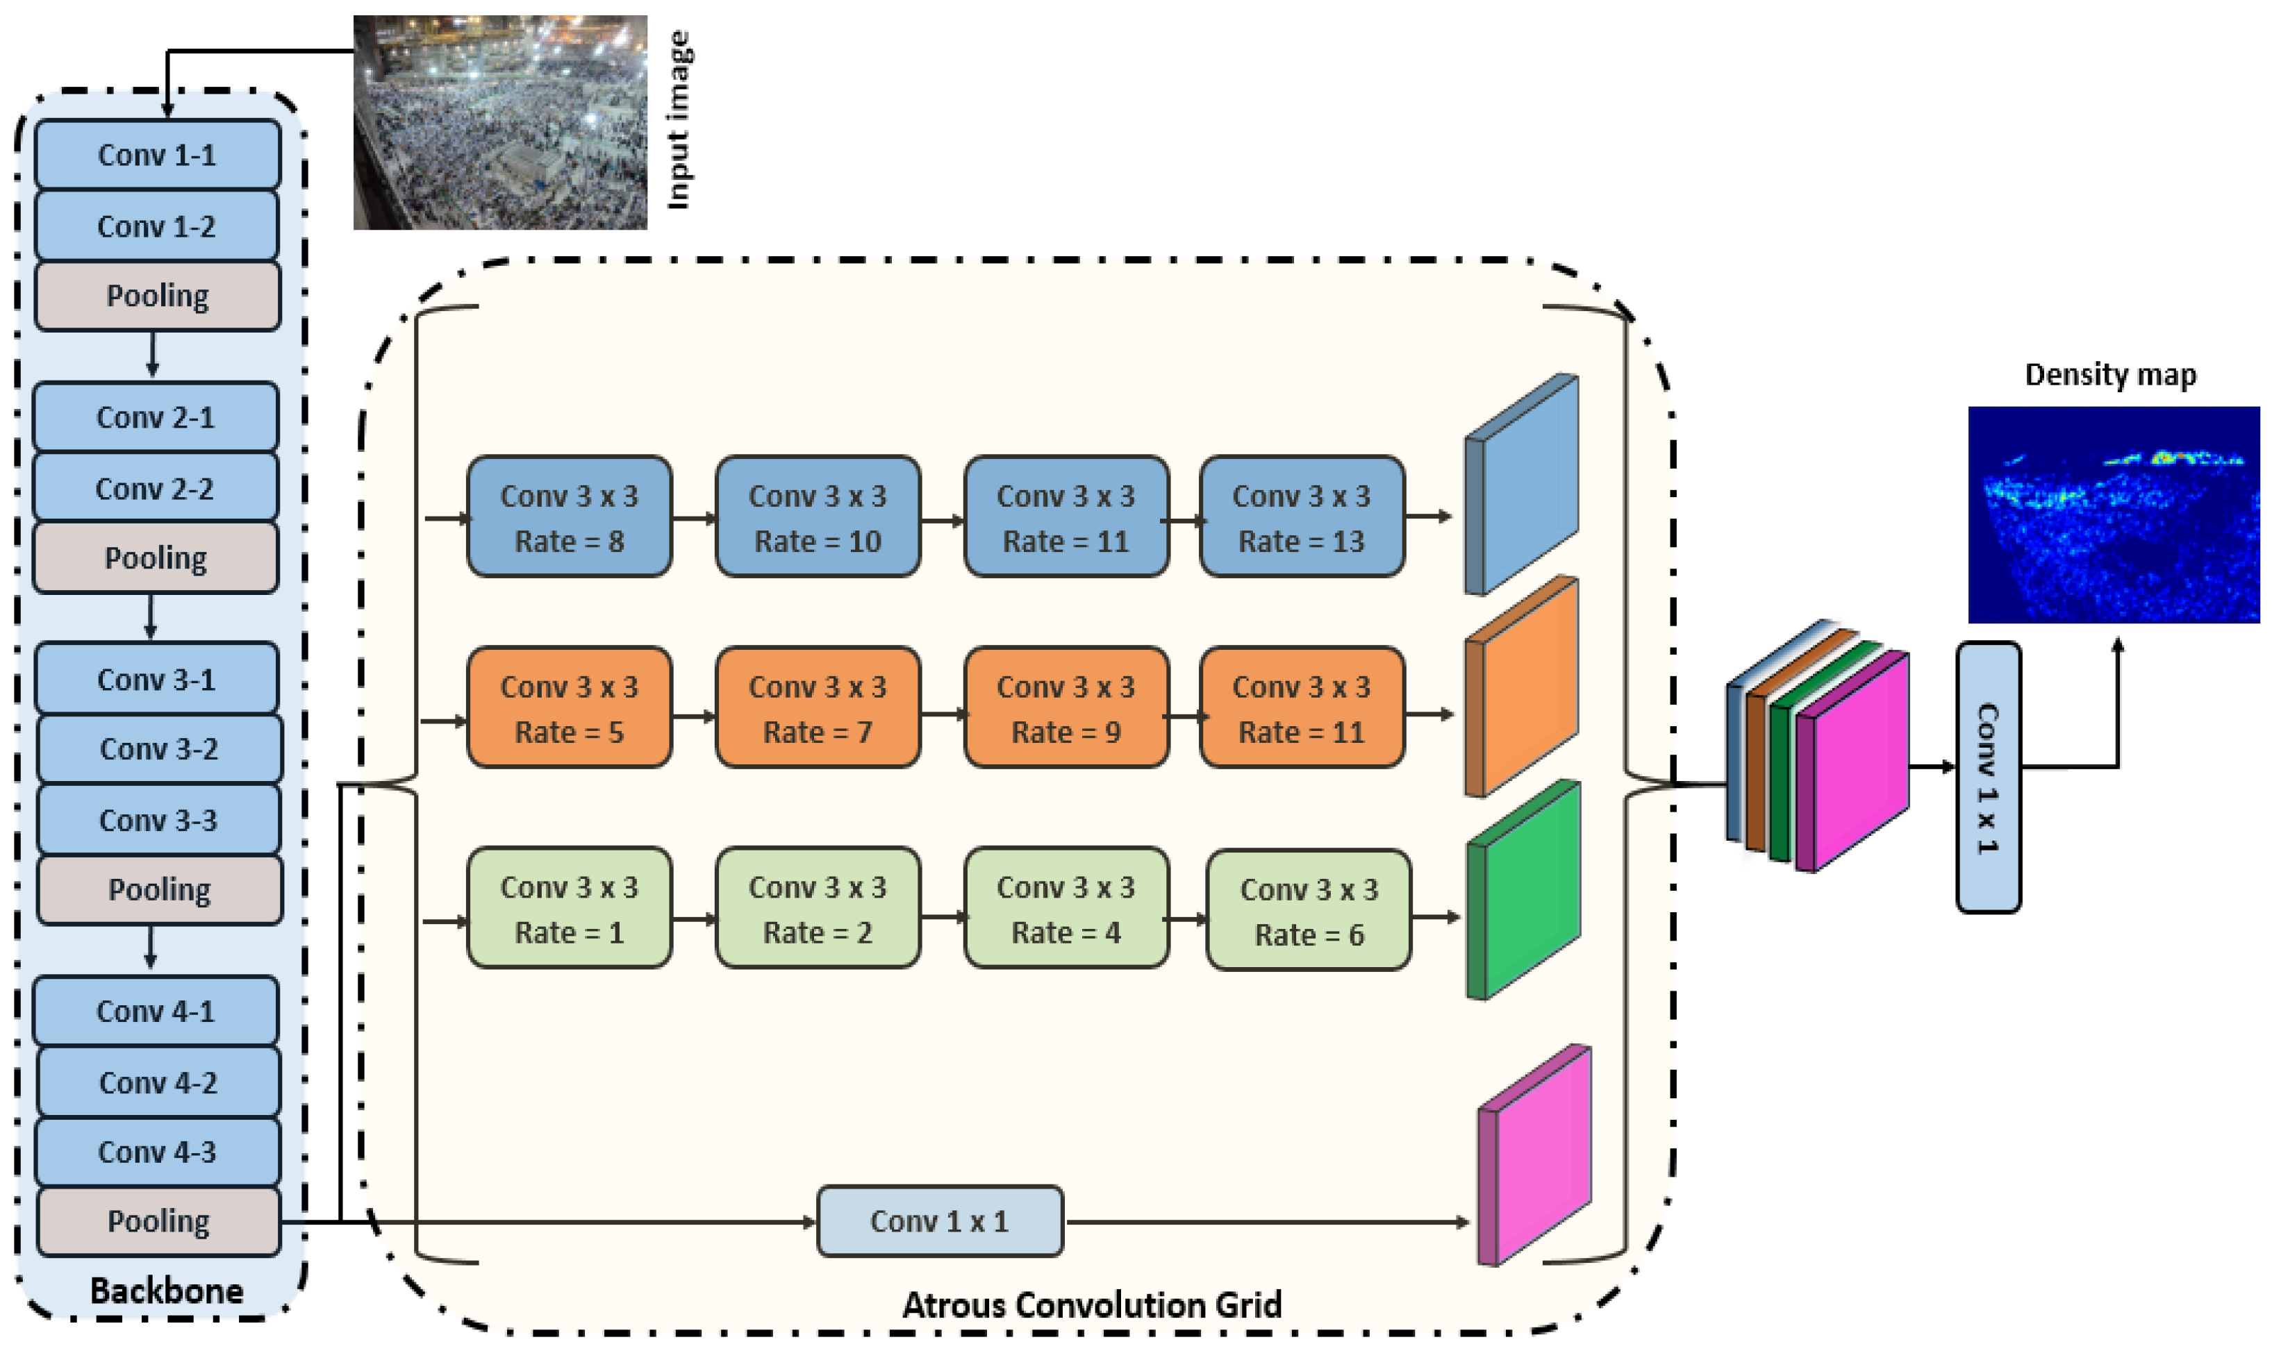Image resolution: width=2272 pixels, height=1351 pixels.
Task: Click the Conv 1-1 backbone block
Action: tap(156, 155)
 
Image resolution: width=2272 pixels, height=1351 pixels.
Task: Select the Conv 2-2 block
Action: tap(155, 489)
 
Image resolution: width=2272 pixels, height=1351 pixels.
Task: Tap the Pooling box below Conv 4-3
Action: tap(158, 1220)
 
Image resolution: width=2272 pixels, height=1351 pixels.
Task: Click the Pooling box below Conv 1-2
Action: tap(156, 296)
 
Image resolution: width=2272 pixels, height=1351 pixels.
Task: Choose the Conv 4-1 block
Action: tap(155, 1011)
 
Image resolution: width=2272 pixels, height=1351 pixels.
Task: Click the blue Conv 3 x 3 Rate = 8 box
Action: tap(569, 517)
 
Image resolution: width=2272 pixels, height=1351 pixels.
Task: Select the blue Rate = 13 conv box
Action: tap(1301, 517)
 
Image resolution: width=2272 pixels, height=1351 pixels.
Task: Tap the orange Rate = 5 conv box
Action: tap(569, 708)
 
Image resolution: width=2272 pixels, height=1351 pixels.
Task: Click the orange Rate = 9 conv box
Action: tap(1065, 708)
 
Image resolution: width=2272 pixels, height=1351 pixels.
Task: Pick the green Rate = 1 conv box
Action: tap(569, 909)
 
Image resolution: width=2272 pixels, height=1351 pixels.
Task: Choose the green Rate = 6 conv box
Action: tap(1309, 910)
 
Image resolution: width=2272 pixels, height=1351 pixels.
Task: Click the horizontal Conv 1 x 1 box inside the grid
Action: tap(939, 1220)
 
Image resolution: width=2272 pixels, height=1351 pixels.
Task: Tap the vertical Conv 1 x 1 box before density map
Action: tap(1988, 778)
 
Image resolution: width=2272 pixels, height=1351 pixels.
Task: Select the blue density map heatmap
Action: tap(2113, 514)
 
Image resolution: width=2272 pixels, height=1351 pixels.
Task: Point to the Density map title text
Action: tap(2110, 374)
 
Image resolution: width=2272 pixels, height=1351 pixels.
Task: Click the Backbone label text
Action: tap(167, 1291)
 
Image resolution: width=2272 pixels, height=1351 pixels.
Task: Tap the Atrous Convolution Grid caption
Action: tap(1091, 1304)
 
